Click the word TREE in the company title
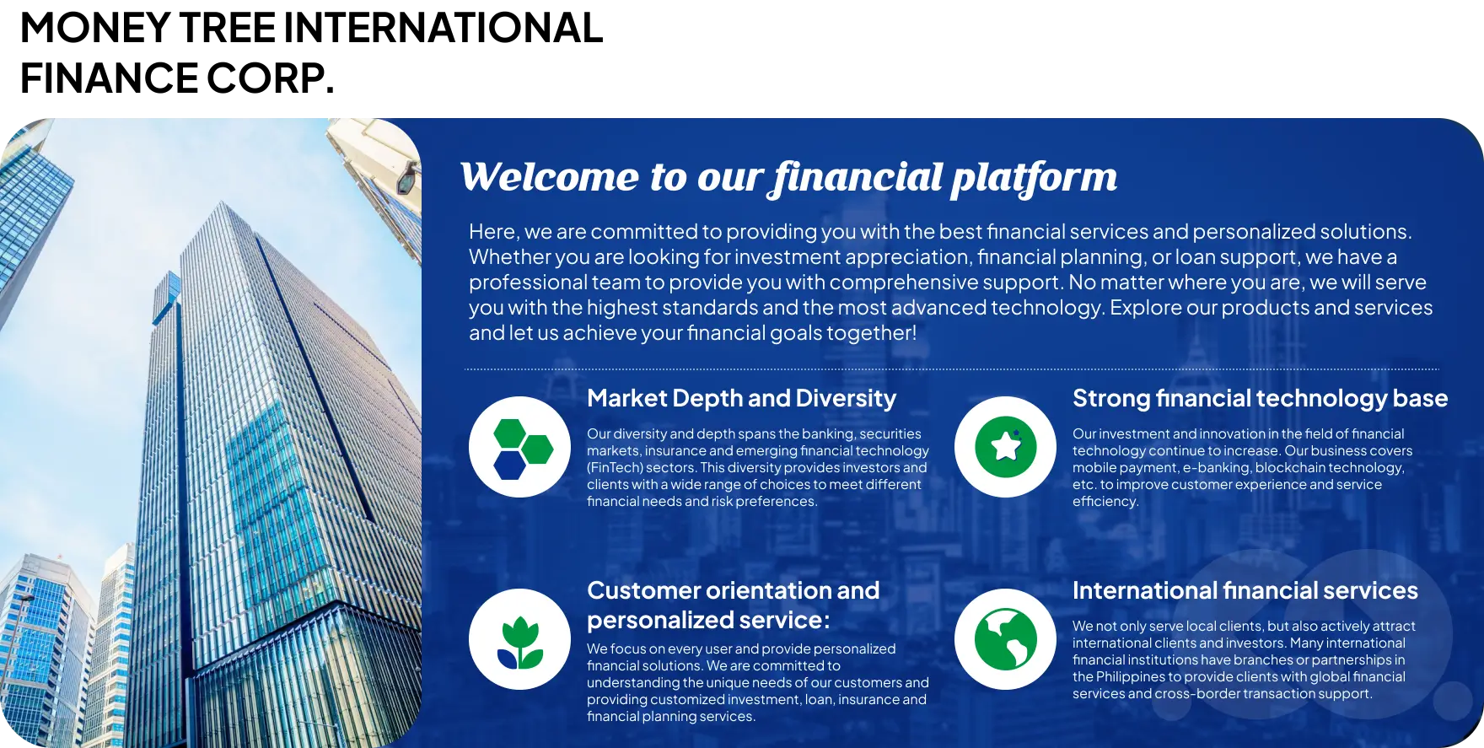(227, 28)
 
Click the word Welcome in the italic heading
(549, 177)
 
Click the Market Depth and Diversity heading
(741, 398)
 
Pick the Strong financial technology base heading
(1260, 398)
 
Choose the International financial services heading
(1245, 590)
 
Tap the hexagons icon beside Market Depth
(519, 447)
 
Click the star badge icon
(1005, 447)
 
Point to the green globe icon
(1005, 639)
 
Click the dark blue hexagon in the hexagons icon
(509, 465)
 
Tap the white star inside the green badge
(1005, 446)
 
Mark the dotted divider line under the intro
(951, 369)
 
